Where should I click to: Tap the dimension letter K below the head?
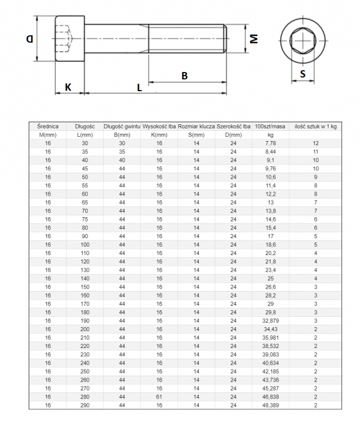click(x=68, y=87)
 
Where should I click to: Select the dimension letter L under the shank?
click(x=139, y=88)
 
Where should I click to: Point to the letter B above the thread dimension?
click(x=185, y=76)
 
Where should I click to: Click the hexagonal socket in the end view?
click(x=303, y=40)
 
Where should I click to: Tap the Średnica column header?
click(x=47, y=127)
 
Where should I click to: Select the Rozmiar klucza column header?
click(x=196, y=127)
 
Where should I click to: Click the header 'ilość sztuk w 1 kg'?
click(x=315, y=127)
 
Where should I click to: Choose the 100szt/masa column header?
click(x=270, y=127)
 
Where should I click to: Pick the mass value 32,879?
click(x=270, y=321)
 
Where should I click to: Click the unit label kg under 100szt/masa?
click(x=270, y=136)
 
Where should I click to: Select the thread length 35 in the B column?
click(x=122, y=152)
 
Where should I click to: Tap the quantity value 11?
click(x=315, y=152)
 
